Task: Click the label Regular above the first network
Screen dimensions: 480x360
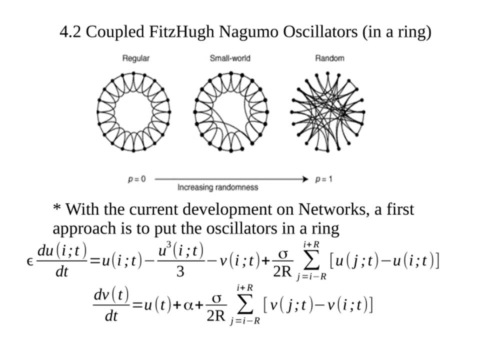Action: [x=136, y=58]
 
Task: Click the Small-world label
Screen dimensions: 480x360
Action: [x=230, y=58]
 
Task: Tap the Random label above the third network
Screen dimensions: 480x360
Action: [x=329, y=58]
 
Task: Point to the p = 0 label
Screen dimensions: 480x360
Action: [x=137, y=179]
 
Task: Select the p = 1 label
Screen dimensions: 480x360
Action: [x=323, y=179]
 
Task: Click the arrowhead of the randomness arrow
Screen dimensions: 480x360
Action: [x=305, y=179]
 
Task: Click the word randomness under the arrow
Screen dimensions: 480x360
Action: [x=239, y=187]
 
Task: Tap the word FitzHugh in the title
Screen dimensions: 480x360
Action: [x=181, y=31]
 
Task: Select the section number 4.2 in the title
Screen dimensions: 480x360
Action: [x=70, y=32]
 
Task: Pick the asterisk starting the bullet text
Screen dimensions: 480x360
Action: [x=57, y=207]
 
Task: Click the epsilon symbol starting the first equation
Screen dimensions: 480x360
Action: [x=29, y=261]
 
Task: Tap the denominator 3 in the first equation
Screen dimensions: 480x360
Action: [x=180, y=271]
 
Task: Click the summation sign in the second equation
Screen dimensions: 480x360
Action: [x=244, y=304]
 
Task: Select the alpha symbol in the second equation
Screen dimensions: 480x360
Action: [x=188, y=305]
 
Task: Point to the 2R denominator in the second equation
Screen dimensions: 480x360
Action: [x=216, y=315]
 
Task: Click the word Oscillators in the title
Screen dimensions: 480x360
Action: [x=320, y=31]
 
